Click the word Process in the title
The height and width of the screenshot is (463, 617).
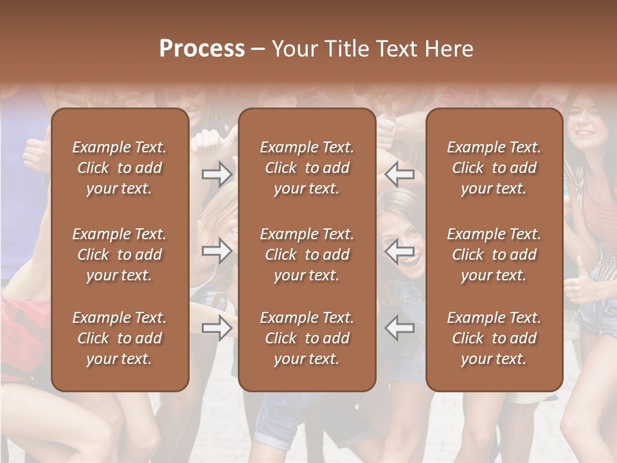click(202, 49)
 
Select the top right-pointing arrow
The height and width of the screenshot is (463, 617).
click(217, 174)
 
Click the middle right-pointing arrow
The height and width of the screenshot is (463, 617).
click(217, 251)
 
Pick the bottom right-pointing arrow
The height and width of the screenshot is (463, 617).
click(217, 327)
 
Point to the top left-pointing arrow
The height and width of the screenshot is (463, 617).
click(399, 174)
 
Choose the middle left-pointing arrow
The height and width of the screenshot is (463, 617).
click(399, 251)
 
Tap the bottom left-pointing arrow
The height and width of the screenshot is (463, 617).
click(399, 327)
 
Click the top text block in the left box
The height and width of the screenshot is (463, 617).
click(120, 168)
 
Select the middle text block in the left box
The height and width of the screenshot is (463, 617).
click(120, 255)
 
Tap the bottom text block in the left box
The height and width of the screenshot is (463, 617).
click(120, 338)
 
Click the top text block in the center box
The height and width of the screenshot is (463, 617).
click(307, 168)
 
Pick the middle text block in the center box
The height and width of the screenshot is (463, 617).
click(307, 255)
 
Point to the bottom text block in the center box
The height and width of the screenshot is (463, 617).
click(307, 338)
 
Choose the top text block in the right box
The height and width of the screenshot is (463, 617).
click(494, 168)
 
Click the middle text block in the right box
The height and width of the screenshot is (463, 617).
click(494, 255)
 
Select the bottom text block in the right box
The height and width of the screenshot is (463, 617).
click(494, 338)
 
